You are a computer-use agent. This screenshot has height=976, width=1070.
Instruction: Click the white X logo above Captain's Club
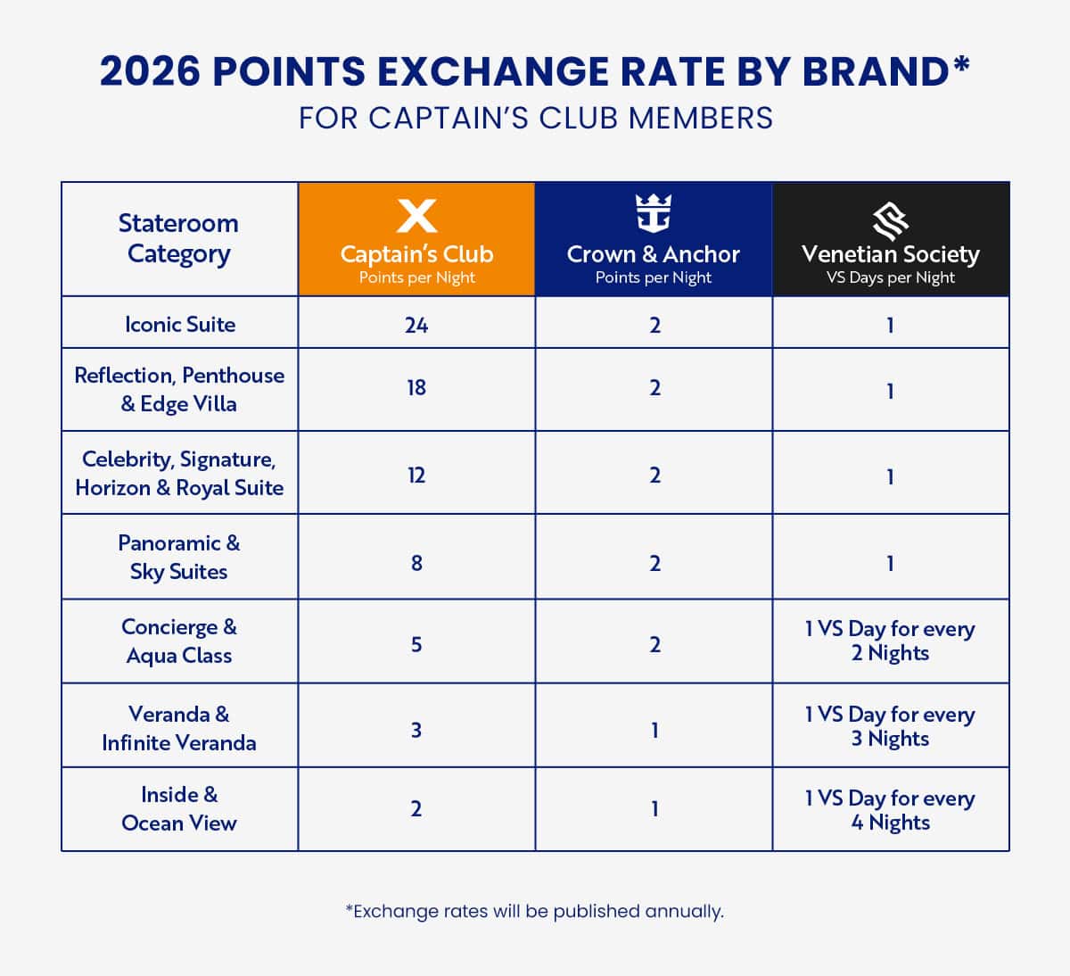[x=416, y=216]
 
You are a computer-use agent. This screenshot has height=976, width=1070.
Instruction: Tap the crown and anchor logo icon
[x=654, y=214]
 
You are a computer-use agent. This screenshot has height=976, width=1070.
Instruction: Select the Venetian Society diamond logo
[x=890, y=218]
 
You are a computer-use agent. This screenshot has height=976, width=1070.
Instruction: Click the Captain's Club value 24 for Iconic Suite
[x=416, y=325]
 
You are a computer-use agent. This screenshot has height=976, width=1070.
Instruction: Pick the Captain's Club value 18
[x=416, y=388]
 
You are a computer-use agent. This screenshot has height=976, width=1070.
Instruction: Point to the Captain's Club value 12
[x=416, y=475]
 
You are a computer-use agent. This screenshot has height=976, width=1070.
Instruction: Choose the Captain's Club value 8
[x=416, y=563]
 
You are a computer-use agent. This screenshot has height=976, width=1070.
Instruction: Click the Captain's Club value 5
[x=416, y=644]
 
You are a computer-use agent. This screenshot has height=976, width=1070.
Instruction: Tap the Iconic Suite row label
[x=180, y=325]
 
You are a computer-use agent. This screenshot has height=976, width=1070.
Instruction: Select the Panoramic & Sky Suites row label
[x=179, y=558]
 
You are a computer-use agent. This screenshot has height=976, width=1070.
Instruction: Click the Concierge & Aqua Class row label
[x=179, y=641]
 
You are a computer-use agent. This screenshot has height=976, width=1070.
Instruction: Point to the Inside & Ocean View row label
[x=179, y=809]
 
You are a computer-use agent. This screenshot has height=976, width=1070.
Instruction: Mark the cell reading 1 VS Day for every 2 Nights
[x=890, y=641]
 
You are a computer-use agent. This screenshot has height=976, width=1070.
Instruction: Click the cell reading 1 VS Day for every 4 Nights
[x=890, y=810]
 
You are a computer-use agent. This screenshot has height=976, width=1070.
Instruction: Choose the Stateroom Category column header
[x=179, y=238]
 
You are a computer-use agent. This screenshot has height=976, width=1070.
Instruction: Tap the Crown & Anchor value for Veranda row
[x=654, y=731]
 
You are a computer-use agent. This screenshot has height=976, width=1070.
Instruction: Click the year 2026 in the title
[x=150, y=71]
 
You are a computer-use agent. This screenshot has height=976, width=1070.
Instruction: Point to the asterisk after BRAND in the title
[x=960, y=64]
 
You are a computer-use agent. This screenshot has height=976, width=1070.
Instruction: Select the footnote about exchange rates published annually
[x=535, y=911]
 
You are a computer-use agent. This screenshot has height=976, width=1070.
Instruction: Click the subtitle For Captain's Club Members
[x=535, y=119]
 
